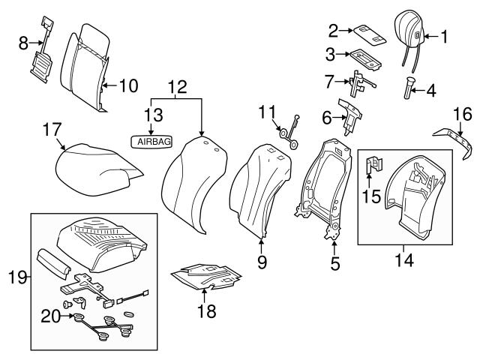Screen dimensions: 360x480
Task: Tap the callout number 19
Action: click(16, 278)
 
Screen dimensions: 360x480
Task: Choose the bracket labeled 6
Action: click(350, 114)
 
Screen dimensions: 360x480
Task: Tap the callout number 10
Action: click(128, 85)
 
